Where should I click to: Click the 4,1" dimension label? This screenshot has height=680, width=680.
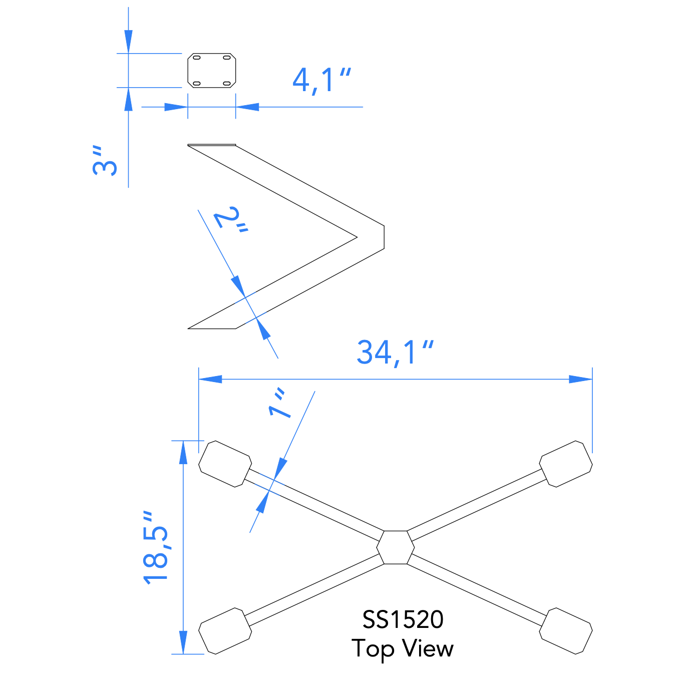point(321,81)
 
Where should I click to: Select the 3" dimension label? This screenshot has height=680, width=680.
point(105,161)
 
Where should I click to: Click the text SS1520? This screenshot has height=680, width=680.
point(403,620)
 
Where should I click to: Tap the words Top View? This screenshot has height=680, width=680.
point(403,648)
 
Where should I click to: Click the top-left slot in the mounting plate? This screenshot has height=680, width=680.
point(197,58)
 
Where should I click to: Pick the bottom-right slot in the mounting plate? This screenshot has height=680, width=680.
point(226,83)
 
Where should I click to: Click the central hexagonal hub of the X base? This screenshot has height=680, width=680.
point(396,547)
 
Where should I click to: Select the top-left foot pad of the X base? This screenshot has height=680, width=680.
point(225,464)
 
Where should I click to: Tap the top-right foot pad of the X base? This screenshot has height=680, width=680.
point(566,464)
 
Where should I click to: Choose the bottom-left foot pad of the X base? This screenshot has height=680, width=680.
point(225,631)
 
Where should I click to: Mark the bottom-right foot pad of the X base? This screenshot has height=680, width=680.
point(566,631)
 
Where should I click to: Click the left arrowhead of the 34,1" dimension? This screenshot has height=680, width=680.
point(209,379)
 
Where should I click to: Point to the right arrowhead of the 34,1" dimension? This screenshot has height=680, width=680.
point(581,379)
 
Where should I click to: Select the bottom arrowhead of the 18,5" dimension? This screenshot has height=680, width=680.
point(183,642)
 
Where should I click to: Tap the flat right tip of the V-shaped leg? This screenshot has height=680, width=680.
point(384,237)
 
